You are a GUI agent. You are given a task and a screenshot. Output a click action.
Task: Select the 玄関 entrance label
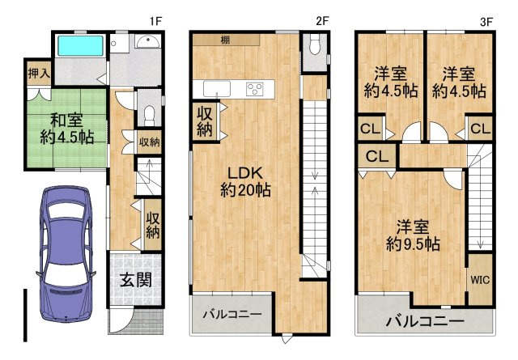[135, 282]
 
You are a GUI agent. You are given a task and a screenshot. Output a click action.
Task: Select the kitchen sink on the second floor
[218, 88]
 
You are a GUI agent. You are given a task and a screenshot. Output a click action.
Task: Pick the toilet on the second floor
[314, 49]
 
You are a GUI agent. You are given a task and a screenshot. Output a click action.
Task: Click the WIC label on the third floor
[479, 279]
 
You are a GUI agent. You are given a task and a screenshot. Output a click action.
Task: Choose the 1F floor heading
[155, 21]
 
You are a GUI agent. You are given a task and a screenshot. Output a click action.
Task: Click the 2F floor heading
[321, 21]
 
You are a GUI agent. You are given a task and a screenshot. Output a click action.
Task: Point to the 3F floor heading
[486, 21]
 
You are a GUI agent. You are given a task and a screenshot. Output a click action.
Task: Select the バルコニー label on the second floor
[231, 313]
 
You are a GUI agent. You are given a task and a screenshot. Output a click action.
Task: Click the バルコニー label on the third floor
[421, 320]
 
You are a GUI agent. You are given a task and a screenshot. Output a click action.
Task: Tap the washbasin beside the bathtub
[147, 44]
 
